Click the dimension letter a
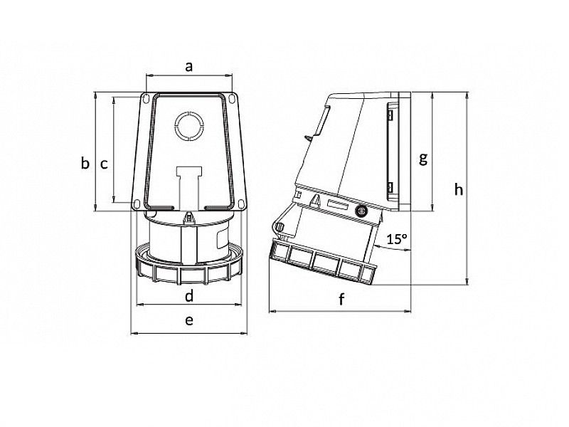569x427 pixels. point(189,67)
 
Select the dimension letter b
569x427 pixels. point(85,163)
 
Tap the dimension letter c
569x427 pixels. point(104,164)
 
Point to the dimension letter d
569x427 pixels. point(189,295)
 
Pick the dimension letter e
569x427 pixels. point(189,320)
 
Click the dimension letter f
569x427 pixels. point(341,300)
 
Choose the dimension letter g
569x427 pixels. point(422,158)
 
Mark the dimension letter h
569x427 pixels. point(459,189)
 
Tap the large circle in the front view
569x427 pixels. point(190,127)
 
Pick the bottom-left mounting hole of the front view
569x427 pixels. point(135,205)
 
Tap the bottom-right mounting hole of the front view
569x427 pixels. point(244,205)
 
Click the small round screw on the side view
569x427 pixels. point(360,211)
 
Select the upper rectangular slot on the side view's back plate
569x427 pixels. point(390,113)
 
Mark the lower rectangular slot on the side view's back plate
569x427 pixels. point(390,188)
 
